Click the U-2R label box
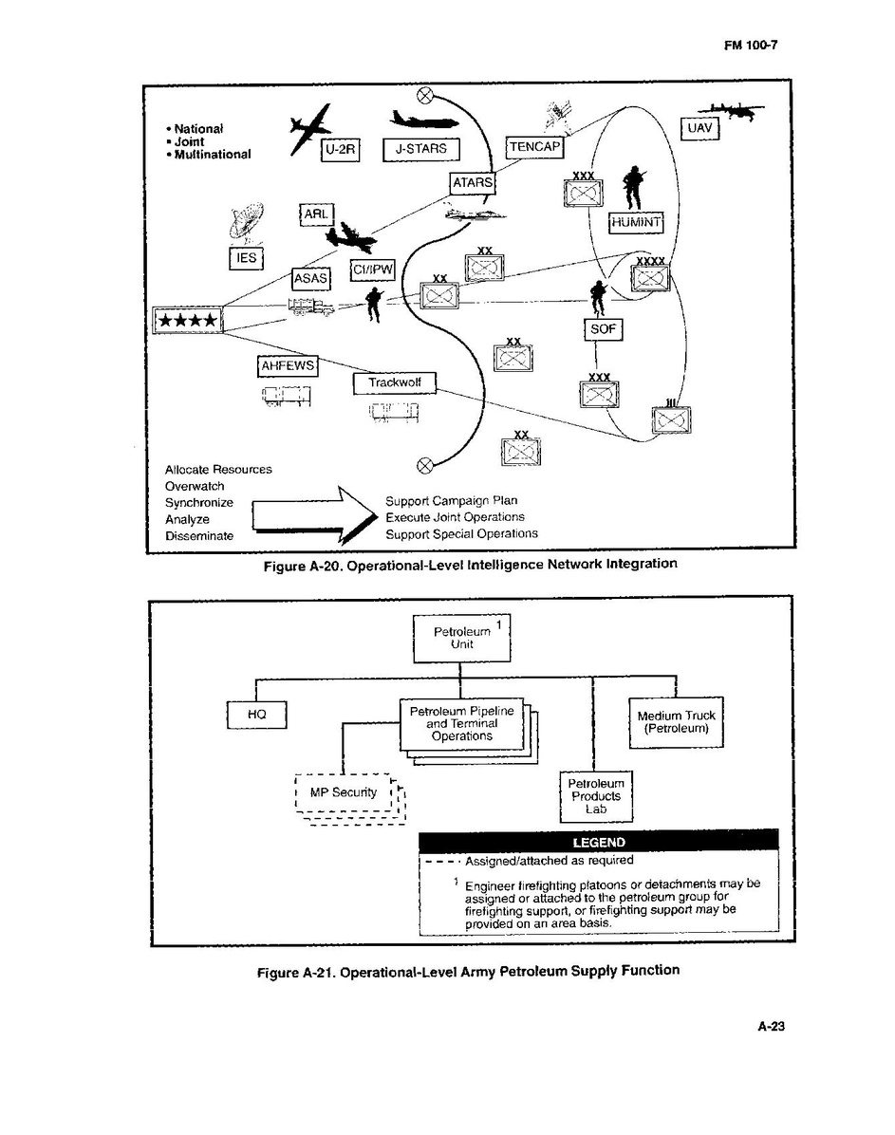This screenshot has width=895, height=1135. click(x=341, y=150)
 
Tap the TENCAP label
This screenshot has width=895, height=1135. click(x=535, y=147)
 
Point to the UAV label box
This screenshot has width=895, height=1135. click(x=700, y=127)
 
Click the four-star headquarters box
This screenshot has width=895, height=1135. click(x=187, y=321)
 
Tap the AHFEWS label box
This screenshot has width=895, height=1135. click(x=288, y=365)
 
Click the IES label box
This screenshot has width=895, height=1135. click(x=245, y=258)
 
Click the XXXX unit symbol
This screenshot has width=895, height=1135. click(x=651, y=276)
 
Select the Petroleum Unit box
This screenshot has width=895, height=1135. click(x=461, y=638)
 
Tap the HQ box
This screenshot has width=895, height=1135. click(x=256, y=715)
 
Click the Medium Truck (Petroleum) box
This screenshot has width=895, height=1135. click(x=676, y=723)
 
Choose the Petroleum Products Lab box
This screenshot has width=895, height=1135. click(x=595, y=796)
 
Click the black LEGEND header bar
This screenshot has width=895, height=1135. click(x=598, y=842)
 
